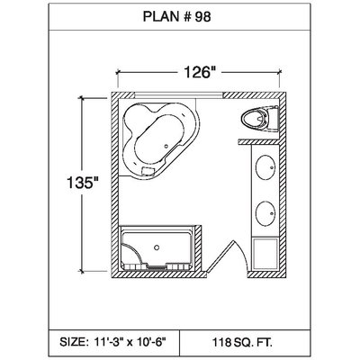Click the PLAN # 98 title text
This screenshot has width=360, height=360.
(176, 17)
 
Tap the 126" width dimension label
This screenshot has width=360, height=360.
(200, 72)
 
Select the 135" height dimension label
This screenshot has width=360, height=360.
(83, 183)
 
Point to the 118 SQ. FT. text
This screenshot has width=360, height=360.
(242, 342)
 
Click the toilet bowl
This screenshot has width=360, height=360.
(255, 120)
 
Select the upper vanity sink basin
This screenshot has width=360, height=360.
(265, 167)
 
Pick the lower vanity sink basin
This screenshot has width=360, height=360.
(265, 213)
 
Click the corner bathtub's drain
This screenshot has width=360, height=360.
(166, 146)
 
